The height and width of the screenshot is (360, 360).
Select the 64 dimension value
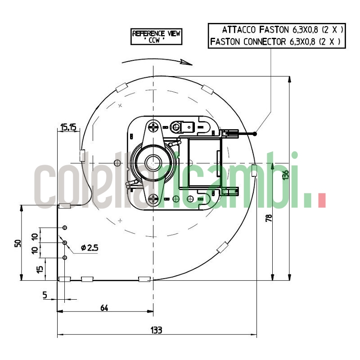coord(104,308)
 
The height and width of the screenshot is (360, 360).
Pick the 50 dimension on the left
coord(18,243)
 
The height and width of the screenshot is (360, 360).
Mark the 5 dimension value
coord(45,295)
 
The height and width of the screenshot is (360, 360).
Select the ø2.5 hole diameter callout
coord(89,247)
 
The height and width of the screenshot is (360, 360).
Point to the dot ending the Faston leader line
coord(255,134)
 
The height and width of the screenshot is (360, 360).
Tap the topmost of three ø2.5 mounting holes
coord(65,228)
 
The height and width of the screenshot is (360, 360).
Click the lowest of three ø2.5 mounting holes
coord(65,258)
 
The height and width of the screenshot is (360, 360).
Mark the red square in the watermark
coord(321,201)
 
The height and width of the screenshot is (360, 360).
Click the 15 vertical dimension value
coord(40,269)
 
